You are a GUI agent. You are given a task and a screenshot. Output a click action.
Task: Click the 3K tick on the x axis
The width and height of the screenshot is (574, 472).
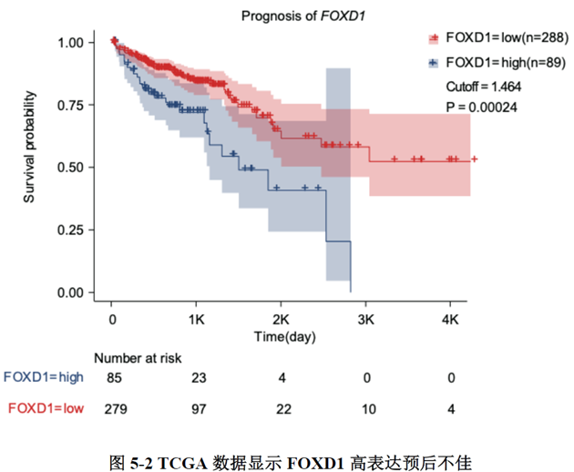tap(366, 320)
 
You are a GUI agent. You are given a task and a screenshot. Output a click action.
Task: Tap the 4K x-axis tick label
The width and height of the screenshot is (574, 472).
tap(451, 320)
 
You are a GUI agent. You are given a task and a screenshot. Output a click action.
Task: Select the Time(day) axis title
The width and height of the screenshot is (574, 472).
tap(284, 337)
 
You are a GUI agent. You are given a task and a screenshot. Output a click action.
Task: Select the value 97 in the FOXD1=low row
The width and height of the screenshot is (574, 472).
tap(198, 408)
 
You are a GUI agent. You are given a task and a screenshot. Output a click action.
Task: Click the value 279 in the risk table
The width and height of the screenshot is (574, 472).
tap(115, 408)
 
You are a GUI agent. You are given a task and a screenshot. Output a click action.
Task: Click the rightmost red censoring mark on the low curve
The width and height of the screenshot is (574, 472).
tap(474, 159)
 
